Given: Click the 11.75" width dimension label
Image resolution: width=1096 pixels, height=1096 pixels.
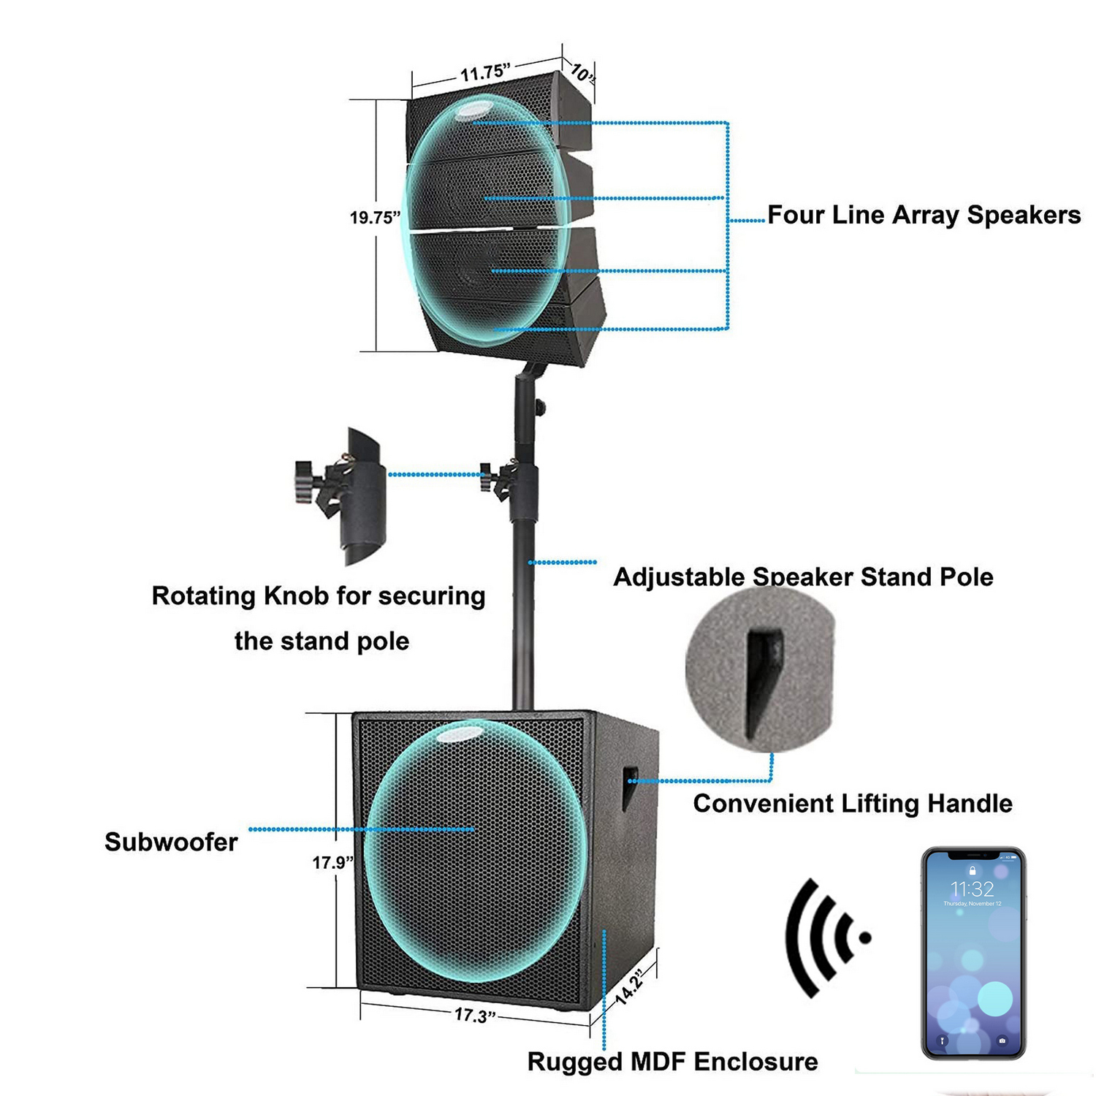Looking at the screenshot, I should tap(484, 72).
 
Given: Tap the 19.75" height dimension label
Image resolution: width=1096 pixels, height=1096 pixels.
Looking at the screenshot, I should tap(375, 217).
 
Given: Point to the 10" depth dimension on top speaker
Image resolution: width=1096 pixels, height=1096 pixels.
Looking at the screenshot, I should tap(582, 72).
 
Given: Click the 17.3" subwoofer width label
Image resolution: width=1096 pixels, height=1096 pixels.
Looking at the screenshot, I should tap(475, 1015).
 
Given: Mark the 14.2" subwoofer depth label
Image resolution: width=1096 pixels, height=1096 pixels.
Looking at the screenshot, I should tap(629, 987).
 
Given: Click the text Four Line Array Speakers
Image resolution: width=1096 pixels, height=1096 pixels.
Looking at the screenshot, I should tap(924, 215).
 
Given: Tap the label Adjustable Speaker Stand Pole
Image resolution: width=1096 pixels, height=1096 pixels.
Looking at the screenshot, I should tap(803, 576).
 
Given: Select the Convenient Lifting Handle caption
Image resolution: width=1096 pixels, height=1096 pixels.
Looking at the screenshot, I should tap(852, 803).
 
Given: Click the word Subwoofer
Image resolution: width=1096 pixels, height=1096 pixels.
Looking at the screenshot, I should tap(171, 842).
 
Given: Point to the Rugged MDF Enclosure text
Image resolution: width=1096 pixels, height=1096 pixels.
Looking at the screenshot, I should tap(672, 1061).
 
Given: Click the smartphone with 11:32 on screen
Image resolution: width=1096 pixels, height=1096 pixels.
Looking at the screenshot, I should tap(973, 953).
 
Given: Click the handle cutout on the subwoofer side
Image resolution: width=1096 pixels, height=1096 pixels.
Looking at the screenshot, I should tap(630, 788).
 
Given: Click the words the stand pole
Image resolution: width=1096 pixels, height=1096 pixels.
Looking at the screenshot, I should tap(321, 641).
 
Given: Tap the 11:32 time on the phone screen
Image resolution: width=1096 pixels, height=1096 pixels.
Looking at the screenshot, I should tap(972, 888).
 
